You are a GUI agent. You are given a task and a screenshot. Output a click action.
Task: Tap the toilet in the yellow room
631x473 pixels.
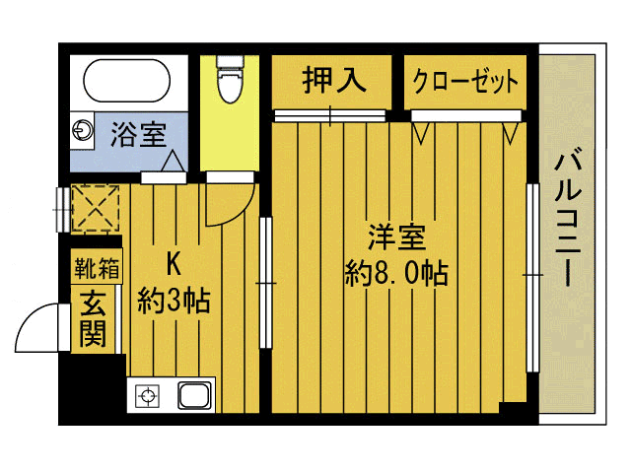(229, 78)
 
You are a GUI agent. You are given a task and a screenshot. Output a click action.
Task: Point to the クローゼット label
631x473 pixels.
(464, 81)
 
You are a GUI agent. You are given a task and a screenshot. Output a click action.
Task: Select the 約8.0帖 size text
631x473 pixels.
(396, 273)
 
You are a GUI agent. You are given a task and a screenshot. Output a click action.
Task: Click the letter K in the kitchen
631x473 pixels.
(175, 264)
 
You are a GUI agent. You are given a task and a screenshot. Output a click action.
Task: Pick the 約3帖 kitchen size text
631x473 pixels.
(174, 300)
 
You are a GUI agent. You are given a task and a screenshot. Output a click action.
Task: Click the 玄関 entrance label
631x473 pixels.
(94, 317)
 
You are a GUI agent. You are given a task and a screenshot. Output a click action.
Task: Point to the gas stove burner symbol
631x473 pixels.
(148, 397)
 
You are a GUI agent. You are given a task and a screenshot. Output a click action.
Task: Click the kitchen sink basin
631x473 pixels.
(194, 396)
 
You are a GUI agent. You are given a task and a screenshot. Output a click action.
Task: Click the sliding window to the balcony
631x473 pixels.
(533, 281)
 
